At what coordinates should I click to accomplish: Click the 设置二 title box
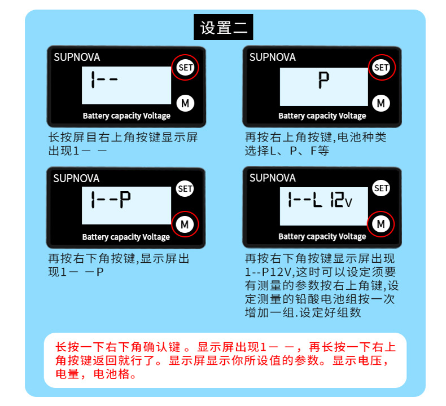(224, 28)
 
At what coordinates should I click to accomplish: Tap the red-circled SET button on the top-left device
(185, 68)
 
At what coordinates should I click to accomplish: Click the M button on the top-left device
(185, 103)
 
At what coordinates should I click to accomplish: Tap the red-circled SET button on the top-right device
(382, 68)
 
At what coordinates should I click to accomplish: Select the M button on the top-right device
(381, 103)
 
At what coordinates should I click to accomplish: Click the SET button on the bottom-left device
(185, 189)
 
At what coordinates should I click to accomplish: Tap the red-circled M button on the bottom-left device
(185, 224)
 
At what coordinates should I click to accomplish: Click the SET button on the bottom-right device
(382, 188)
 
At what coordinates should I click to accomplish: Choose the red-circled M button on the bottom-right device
(381, 224)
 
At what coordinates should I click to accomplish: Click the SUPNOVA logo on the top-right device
(272, 57)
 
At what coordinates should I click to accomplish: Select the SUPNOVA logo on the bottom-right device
(272, 178)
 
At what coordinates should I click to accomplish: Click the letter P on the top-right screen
(323, 82)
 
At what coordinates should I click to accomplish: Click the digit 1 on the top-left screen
(93, 81)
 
